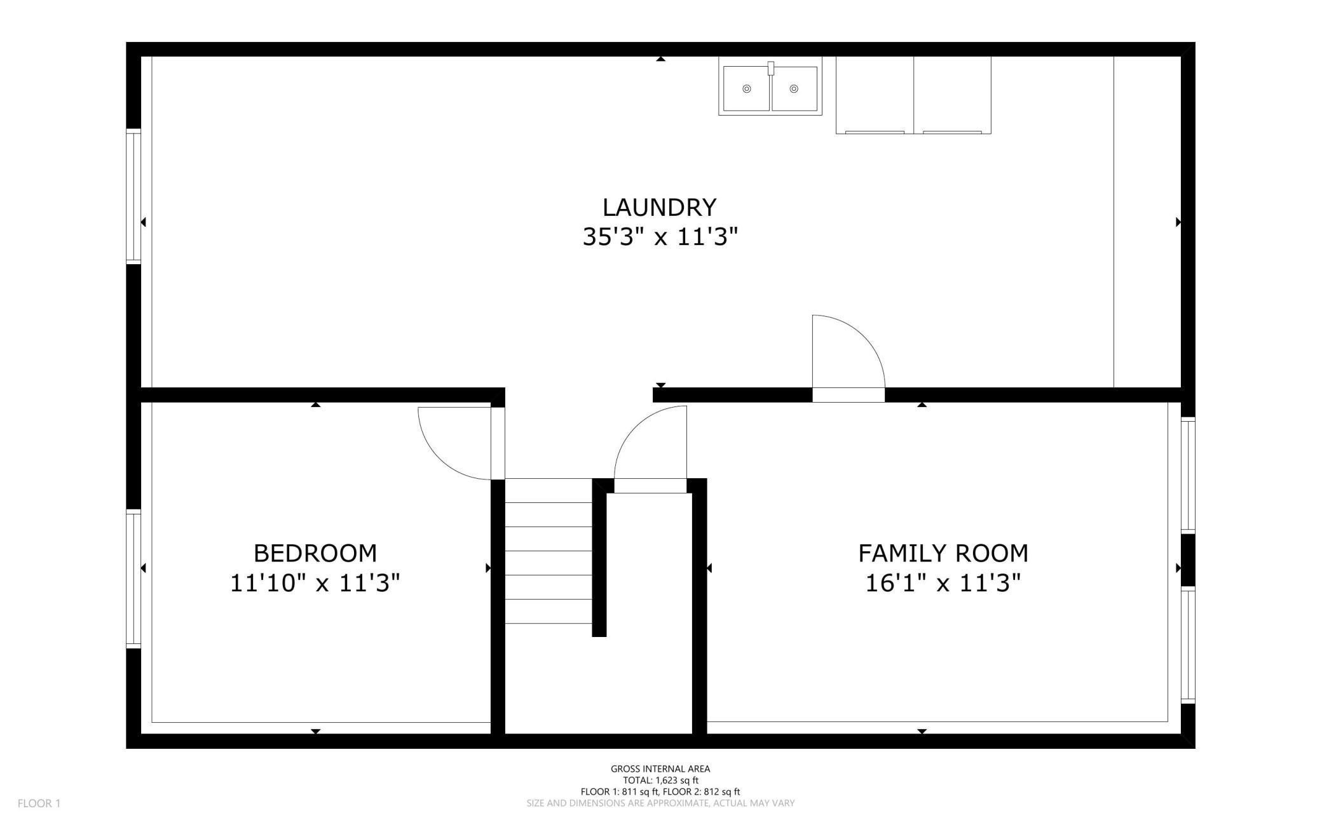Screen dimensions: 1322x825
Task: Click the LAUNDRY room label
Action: coord(659,208)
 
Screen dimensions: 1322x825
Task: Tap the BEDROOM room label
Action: coord(315,553)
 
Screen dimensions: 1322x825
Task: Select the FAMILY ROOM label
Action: coord(943,553)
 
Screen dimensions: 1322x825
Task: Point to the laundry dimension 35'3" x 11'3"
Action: coord(660,237)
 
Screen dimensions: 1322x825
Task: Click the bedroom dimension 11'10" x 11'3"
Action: coord(315,582)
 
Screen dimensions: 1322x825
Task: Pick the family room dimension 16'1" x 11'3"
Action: coord(943,582)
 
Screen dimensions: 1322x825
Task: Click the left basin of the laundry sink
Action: coord(746,89)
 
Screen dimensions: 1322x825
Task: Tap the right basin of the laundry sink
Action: coord(794,89)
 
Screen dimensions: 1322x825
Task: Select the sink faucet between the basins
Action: coord(771,68)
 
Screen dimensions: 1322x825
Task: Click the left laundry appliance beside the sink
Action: coord(875,95)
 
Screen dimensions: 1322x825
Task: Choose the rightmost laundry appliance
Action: coord(952,95)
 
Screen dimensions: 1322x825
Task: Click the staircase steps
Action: coord(549,551)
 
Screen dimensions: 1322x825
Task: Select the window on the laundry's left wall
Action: coord(133,196)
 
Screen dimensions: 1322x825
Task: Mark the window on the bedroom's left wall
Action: coord(133,579)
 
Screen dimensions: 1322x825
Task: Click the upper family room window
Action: coord(1188,475)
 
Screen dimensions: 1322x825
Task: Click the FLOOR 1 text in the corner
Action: coord(39,803)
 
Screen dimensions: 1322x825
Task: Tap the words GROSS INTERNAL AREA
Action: coord(660,768)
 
